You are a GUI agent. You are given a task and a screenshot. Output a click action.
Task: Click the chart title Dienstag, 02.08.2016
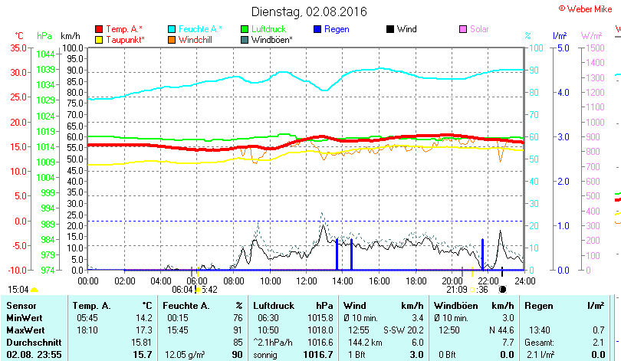point(309,11)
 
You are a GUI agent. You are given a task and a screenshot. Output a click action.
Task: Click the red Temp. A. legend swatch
point(99,29)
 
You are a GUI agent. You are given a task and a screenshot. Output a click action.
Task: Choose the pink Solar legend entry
point(479,29)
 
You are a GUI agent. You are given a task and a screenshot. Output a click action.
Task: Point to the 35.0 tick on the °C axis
point(18,48)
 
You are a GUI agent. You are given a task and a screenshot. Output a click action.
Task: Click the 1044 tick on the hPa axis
point(45,54)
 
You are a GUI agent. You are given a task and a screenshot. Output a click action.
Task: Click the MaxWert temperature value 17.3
point(143,330)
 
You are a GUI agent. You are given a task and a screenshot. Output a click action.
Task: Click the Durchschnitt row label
point(31,342)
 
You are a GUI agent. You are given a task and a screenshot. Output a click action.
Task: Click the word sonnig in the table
point(268,355)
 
